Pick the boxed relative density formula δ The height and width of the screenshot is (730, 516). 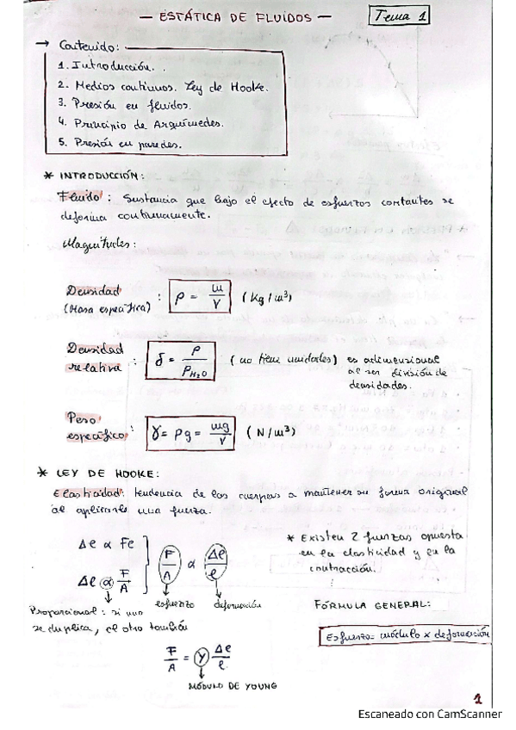pyautogui.click(x=194, y=362)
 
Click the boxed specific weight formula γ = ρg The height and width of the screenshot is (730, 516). pyautogui.click(x=192, y=432)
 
